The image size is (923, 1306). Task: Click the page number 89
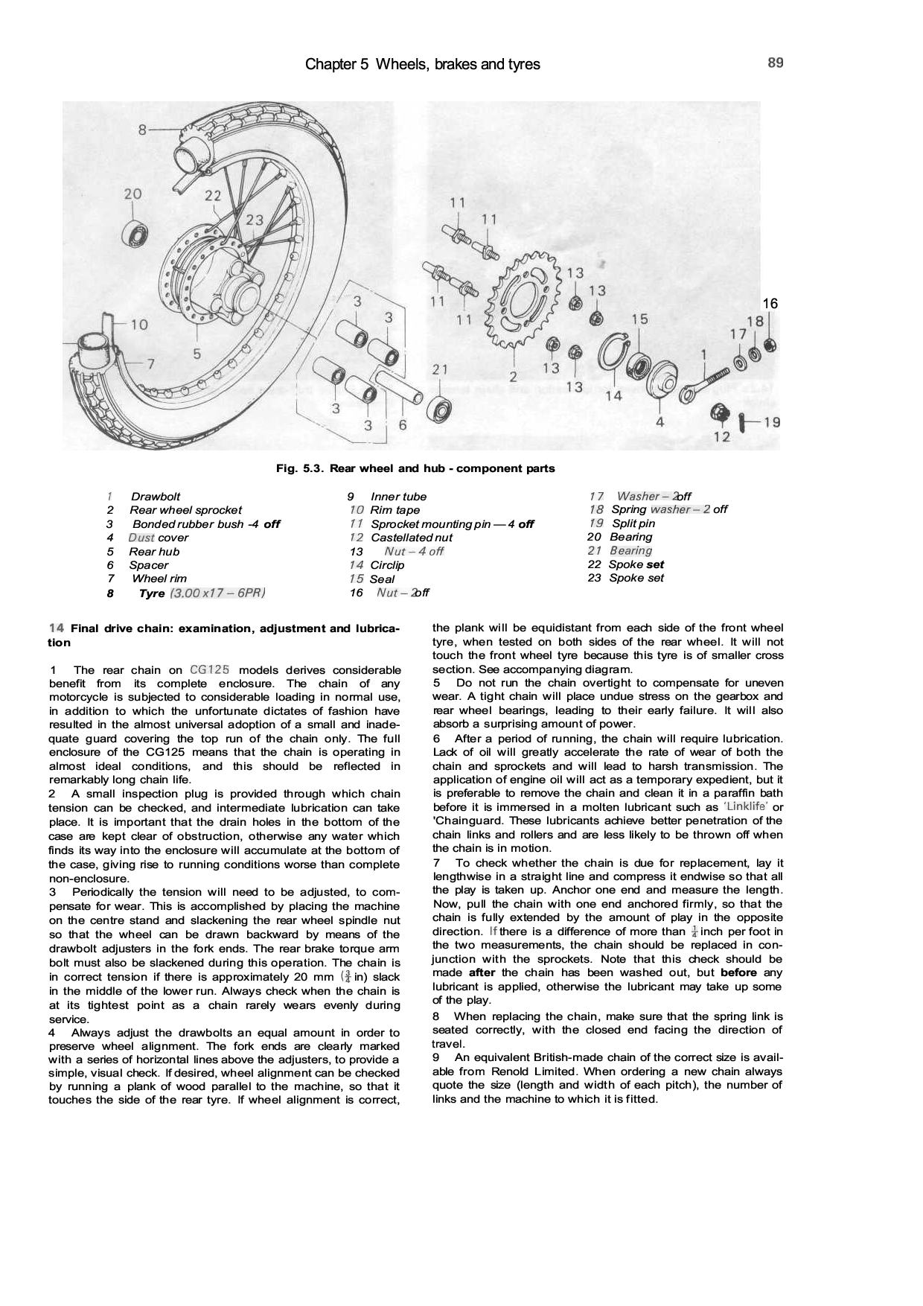click(775, 63)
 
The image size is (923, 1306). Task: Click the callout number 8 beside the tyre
click(142, 130)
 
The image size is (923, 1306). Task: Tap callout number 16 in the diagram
click(770, 304)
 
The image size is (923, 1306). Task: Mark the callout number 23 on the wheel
click(255, 220)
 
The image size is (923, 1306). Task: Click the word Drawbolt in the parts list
click(156, 497)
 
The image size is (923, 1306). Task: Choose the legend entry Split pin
click(633, 523)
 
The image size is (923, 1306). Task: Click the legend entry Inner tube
click(398, 497)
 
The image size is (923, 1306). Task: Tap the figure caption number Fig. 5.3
click(299, 469)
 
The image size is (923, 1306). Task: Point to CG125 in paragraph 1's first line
click(209, 669)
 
